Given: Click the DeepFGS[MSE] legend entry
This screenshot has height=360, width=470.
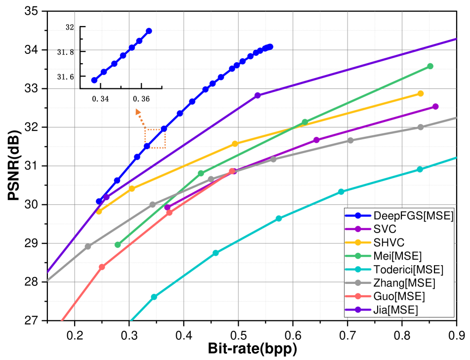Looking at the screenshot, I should pyautogui.click(x=399, y=215).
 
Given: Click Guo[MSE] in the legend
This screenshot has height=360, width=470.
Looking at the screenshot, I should pyautogui.click(x=399, y=296).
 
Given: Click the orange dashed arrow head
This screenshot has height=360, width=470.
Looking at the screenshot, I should pyautogui.click(x=138, y=112).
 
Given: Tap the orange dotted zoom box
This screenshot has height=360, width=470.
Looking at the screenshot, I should pyautogui.click(x=155, y=138).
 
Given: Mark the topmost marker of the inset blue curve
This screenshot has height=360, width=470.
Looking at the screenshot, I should pyautogui.click(x=149, y=31).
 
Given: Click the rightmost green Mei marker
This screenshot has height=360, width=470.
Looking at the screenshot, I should pyautogui.click(x=430, y=66).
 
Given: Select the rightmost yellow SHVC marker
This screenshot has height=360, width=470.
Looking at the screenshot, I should pyautogui.click(x=421, y=93).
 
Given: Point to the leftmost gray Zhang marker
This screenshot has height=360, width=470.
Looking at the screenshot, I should pyautogui.click(x=88, y=246).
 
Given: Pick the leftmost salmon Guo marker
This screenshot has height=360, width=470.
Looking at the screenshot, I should pyautogui.click(x=102, y=267).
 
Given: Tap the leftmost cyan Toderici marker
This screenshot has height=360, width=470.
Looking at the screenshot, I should pyautogui.click(x=154, y=297).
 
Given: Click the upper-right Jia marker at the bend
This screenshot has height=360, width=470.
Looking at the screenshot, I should pyautogui.click(x=257, y=95).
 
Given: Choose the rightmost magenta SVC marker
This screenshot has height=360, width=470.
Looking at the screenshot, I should pyautogui.click(x=435, y=107).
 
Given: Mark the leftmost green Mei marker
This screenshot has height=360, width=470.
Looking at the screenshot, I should pyautogui.click(x=117, y=244).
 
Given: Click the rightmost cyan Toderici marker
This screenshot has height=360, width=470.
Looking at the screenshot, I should pyautogui.click(x=420, y=169).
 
